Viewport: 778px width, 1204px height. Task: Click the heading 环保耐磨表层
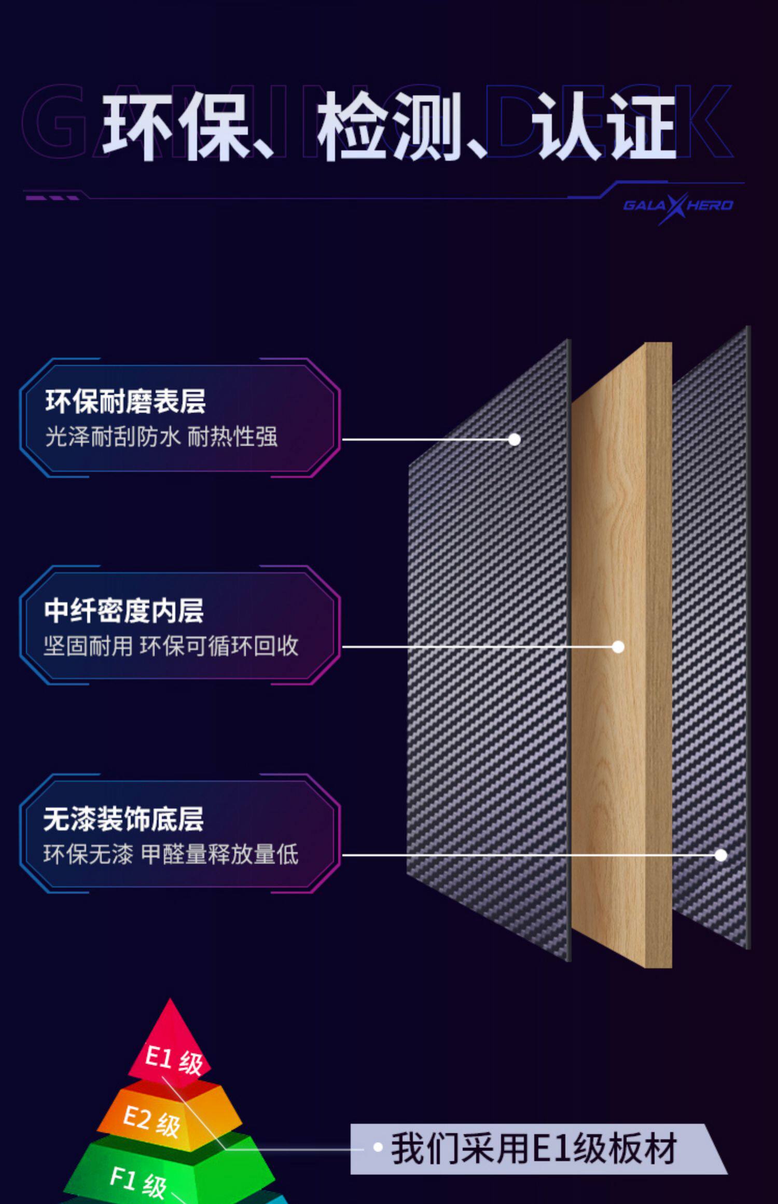click(x=126, y=401)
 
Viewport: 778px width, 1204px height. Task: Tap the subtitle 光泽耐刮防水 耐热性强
click(x=161, y=437)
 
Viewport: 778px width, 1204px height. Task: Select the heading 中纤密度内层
click(x=124, y=610)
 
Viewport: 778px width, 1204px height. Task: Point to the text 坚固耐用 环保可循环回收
click(x=171, y=646)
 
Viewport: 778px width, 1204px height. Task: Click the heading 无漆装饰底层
click(x=123, y=819)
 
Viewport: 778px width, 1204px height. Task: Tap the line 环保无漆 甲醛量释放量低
click(x=171, y=855)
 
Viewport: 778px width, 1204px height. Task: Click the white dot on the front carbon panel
click(x=515, y=439)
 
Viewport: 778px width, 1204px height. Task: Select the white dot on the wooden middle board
click(x=618, y=647)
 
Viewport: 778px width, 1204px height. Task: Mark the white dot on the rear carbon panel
click(x=721, y=855)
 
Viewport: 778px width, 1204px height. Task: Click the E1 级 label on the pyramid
click(x=174, y=1060)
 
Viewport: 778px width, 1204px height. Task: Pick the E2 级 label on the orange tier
click(x=151, y=1121)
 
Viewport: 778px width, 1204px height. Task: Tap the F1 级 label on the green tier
click(x=138, y=1182)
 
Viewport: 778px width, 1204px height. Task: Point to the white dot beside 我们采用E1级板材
click(x=378, y=1147)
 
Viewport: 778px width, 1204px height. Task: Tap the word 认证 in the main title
click(x=606, y=127)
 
